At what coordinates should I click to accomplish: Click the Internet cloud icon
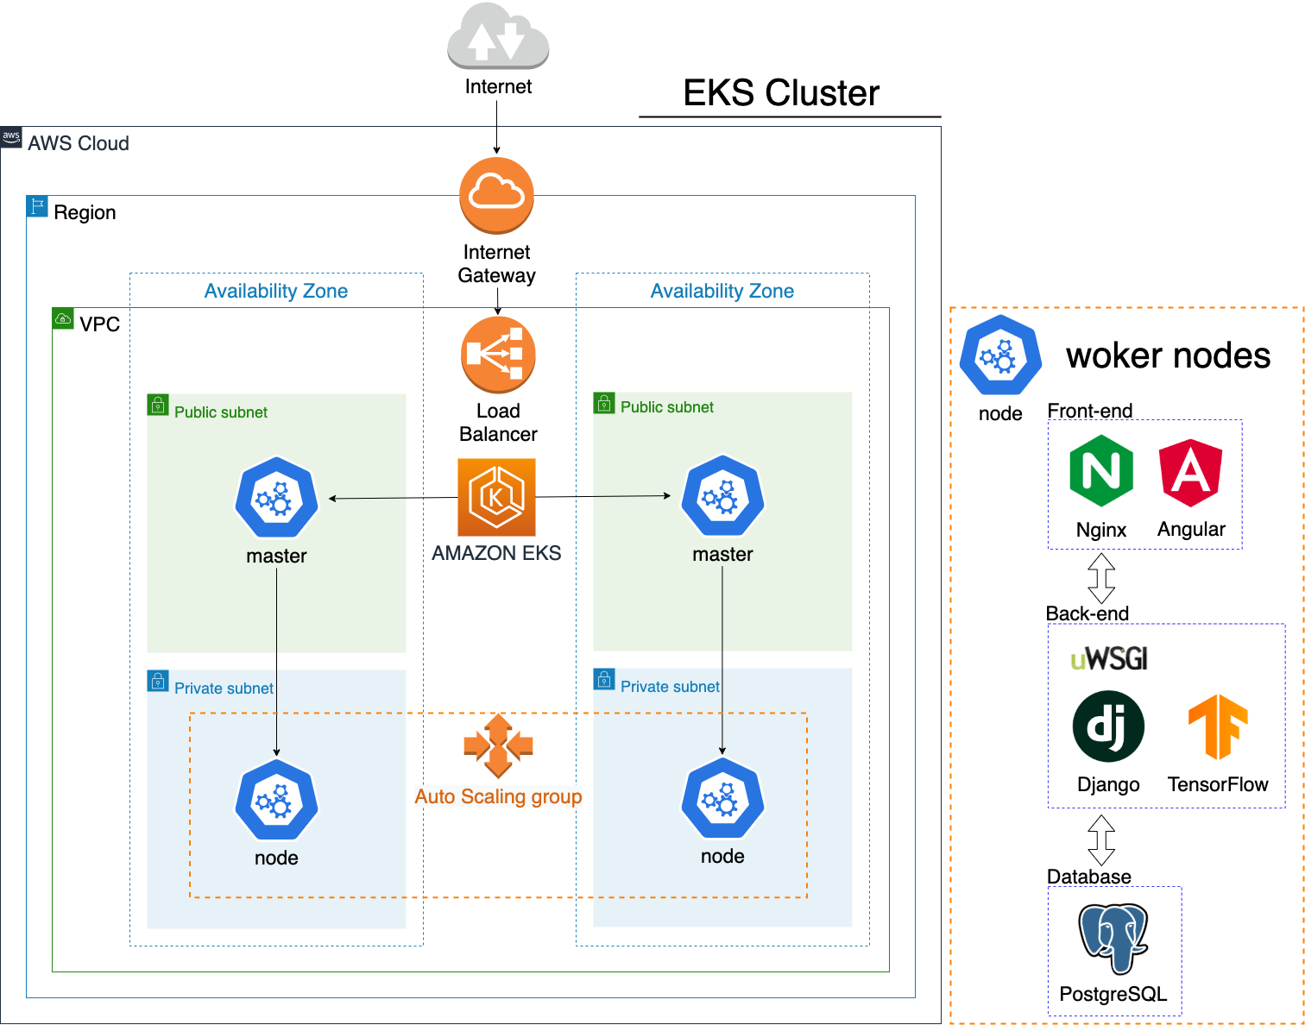pyautogui.click(x=498, y=36)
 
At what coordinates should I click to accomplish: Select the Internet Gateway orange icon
pyautogui.click(x=497, y=196)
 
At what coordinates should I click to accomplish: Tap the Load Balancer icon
pyautogui.click(x=498, y=355)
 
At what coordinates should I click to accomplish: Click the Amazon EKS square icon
pyautogui.click(x=496, y=497)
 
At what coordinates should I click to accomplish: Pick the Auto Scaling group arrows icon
pyautogui.click(x=498, y=745)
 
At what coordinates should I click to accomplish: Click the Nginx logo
pyautogui.click(x=1100, y=471)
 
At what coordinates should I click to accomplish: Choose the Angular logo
pyautogui.click(x=1191, y=472)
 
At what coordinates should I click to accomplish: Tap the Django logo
pyautogui.click(x=1108, y=726)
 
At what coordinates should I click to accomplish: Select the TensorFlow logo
pyautogui.click(x=1218, y=726)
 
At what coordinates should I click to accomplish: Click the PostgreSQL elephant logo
pyautogui.click(x=1113, y=938)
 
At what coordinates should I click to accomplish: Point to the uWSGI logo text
pyautogui.click(x=1109, y=659)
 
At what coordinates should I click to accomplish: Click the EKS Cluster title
pyautogui.click(x=781, y=93)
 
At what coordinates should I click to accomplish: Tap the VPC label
pyautogui.click(x=99, y=324)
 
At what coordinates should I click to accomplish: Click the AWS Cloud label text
pyautogui.click(x=79, y=143)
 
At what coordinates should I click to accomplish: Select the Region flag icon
pyautogui.click(x=37, y=206)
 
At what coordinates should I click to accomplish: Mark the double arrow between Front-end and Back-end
pyautogui.click(x=1101, y=577)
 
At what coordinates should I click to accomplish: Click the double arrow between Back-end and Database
pyautogui.click(x=1101, y=839)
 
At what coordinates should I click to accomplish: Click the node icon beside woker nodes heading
pyautogui.click(x=1000, y=355)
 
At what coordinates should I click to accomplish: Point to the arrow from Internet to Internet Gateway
pyautogui.click(x=497, y=127)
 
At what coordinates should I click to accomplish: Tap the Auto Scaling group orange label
pyautogui.click(x=498, y=796)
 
